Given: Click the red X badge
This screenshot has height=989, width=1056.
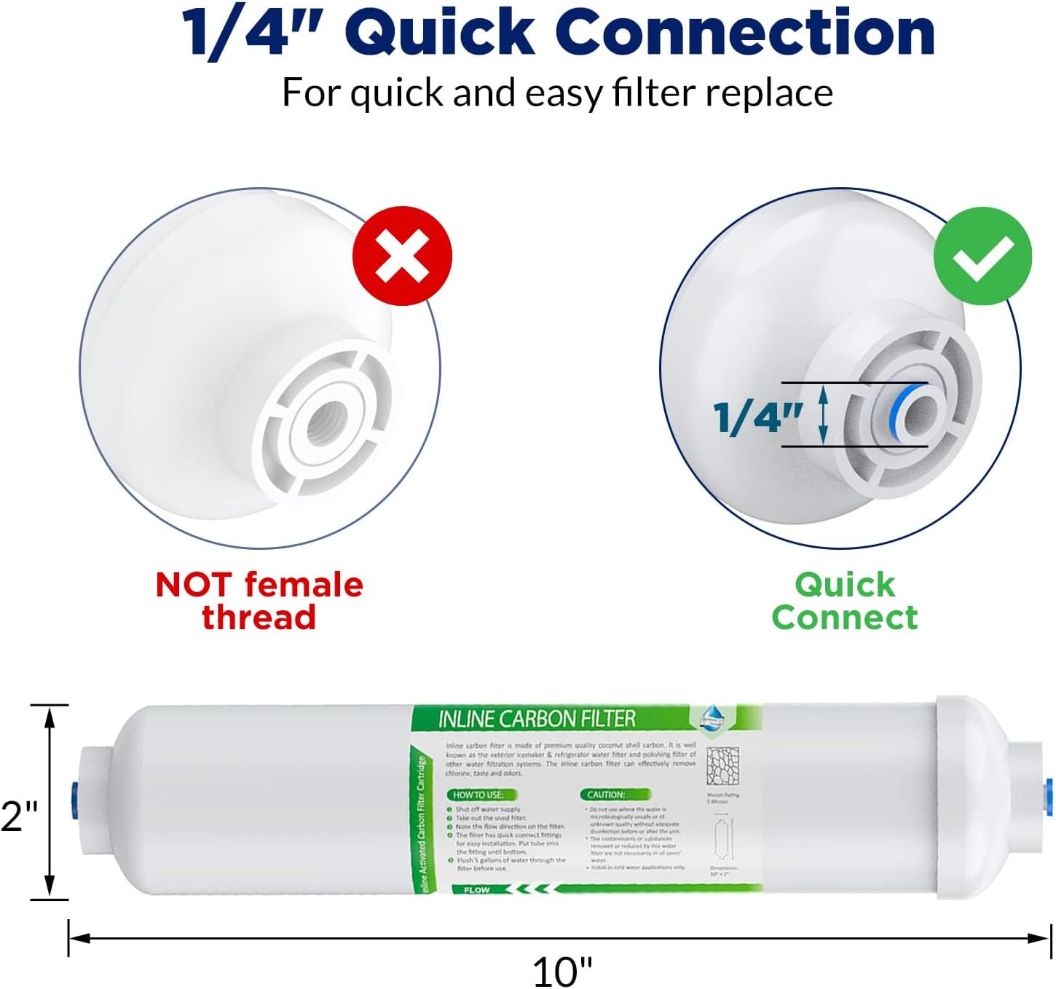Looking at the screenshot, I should tap(402, 256).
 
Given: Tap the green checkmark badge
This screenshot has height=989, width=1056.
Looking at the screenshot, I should tap(982, 256).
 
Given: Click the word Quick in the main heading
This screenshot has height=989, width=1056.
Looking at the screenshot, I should tap(440, 33).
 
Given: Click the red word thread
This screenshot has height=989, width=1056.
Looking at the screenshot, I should tap(259, 618).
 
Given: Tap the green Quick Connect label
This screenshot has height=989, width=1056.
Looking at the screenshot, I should tap(845, 601).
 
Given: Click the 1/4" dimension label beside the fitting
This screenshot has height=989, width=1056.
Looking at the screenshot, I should tap(757, 417).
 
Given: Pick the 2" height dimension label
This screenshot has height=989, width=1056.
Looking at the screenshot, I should tap(19, 816).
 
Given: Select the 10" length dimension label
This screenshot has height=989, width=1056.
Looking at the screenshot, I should tap(562, 972).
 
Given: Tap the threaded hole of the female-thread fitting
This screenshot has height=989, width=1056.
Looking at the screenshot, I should tap(323, 423).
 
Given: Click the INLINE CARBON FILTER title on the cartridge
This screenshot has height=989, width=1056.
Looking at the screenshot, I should tap(537, 720).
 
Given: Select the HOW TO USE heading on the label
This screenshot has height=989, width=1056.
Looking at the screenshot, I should tap(478, 795).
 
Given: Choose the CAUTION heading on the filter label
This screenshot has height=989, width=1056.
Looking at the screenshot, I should tap(606, 795).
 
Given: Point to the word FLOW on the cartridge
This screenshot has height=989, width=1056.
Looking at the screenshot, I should tap(476, 890).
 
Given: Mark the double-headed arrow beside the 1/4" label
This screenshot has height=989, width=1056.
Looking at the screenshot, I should tap(824, 415).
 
